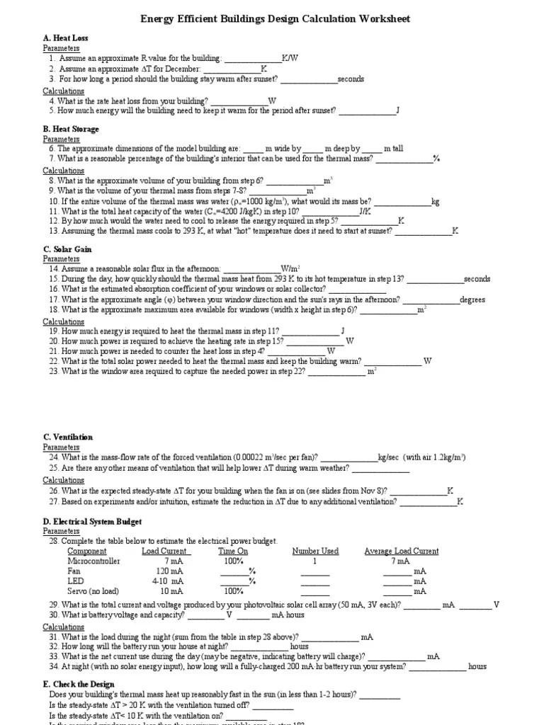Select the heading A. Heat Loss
click(65, 38)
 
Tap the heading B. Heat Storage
click(71, 130)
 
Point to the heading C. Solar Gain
click(67, 250)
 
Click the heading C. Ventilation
click(68, 438)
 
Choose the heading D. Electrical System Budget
click(92, 522)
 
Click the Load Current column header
click(165, 551)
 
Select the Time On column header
click(233, 551)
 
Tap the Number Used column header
click(315, 551)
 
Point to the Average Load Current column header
click(401, 551)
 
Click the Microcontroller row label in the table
click(93, 561)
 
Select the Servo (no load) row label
click(93, 590)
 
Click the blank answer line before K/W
click(252, 60)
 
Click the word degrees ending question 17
click(472, 299)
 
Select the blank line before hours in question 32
click(259, 647)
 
